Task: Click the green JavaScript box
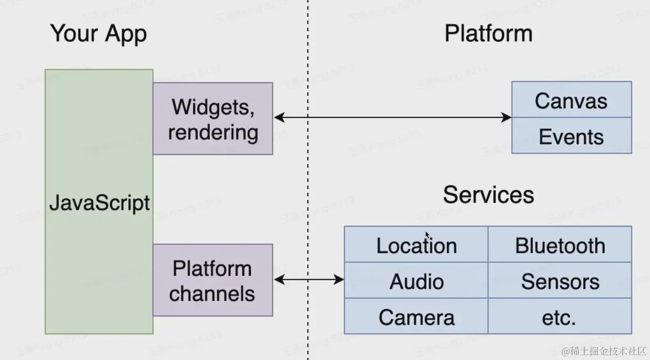[99, 202]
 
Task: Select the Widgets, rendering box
[212, 118]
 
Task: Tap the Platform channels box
[212, 280]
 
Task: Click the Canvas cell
[571, 100]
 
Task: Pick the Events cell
[571, 136]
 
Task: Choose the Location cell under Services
[416, 245]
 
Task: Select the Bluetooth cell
[560, 245]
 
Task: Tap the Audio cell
[416, 281]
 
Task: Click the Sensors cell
[560, 281]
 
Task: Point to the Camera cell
[416, 317]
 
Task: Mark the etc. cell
[560, 317]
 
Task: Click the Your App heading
[99, 34]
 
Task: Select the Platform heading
[488, 34]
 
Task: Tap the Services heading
[488, 195]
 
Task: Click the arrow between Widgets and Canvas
[392, 117]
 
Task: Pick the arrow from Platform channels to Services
[308, 279]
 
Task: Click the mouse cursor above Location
[427, 235]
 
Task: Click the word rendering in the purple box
[212, 132]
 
